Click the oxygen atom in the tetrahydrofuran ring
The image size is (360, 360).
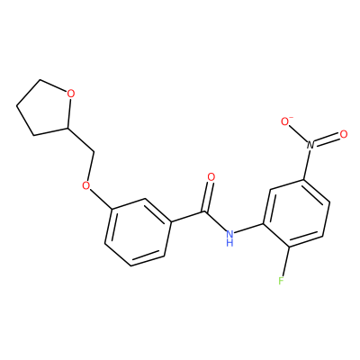pos(70,94)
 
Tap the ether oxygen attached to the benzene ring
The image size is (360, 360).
pos(86,185)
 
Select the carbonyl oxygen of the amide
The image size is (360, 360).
pos(211,177)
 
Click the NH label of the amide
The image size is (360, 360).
pos(229,237)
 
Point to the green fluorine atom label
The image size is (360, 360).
pos(281,281)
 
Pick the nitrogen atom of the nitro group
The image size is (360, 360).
pos(310,145)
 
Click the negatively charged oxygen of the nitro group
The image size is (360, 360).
pos(284,121)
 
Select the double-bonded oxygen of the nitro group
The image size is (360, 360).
pos(344,134)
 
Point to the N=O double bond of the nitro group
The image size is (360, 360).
pos(327,139)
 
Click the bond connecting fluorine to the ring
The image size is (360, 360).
pos(285,262)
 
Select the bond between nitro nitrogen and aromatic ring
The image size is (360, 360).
pos(308,165)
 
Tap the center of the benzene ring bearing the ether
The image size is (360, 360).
pos(139,232)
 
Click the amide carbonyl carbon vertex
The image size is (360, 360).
pos(206,212)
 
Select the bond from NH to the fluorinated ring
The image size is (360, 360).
pos(249,229)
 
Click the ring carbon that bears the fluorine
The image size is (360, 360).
pos(289,247)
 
